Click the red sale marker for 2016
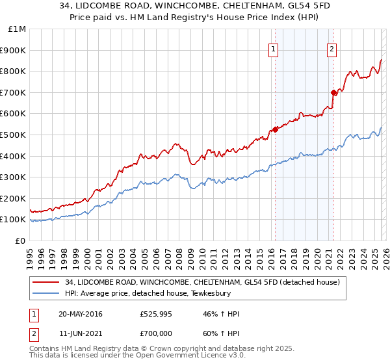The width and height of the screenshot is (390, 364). [x=275, y=129]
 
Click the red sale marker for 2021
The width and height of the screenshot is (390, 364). [x=333, y=92]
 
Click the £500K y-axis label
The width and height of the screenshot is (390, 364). [x=14, y=135]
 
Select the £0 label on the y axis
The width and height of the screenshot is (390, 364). [x=20, y=240]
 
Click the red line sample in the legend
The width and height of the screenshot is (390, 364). [x=45, y=282]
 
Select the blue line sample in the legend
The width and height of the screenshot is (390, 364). [x=45, y=293]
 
